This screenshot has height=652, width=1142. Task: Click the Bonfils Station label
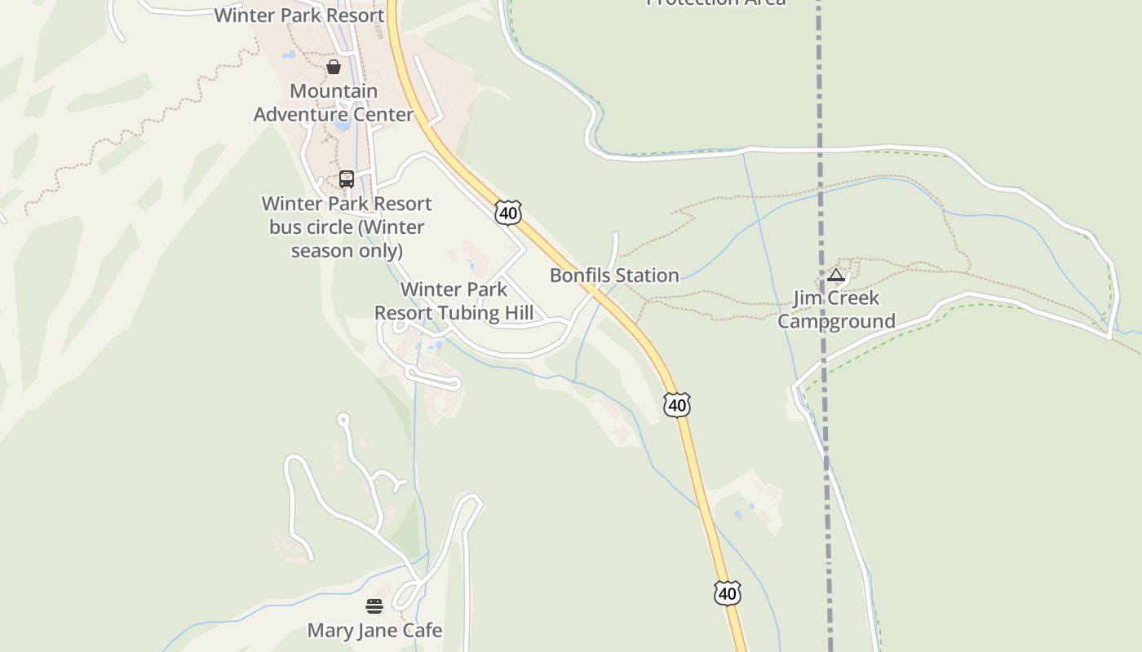coord(613,275)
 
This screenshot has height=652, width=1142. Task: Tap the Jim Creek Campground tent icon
coord(835,275)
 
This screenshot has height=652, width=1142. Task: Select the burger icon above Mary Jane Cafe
coord(374,606)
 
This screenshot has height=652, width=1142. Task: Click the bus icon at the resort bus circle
coord(347,179)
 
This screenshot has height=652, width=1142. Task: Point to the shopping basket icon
coord(334,67)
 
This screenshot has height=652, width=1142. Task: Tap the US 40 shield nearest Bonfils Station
coord(507,214)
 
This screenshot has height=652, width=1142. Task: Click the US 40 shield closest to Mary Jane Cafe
coord(727,593)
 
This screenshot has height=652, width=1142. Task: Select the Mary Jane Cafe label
coord(374,630)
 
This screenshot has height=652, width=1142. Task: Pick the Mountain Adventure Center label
coord(334,103)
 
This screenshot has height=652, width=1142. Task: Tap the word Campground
coord(835,321)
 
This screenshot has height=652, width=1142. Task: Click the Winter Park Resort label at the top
coord(299,15)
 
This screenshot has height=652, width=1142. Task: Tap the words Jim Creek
coord(835,298)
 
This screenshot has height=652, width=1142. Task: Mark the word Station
coord(645,275)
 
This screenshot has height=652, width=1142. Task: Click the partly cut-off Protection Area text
coord(715,2)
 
